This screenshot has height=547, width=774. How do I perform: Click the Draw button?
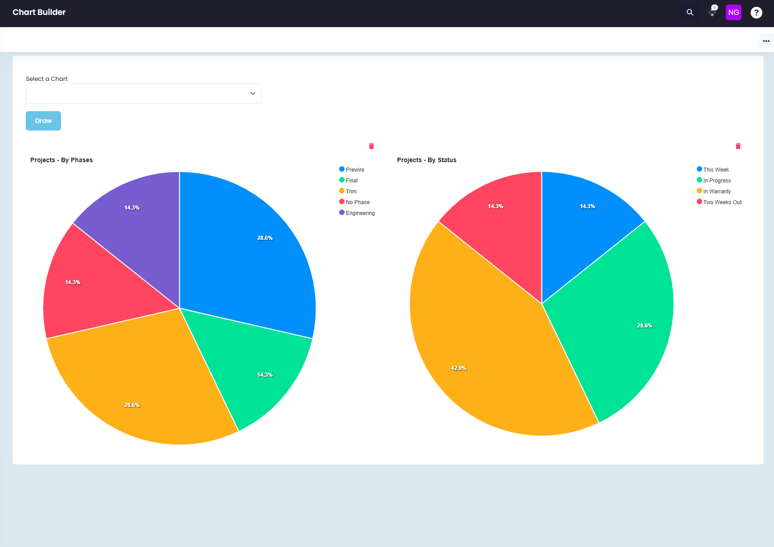click(x=43, y=121)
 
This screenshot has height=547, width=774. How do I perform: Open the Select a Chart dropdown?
click(x=144, y=94)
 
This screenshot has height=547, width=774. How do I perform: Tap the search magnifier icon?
click(x=690, y=13)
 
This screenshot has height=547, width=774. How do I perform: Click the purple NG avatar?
click(x=733, y=13)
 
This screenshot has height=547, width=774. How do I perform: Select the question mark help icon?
click(x=756, y=13)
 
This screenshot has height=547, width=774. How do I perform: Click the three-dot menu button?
click(x=766, y=41)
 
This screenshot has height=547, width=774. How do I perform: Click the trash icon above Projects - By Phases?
click(x=372, y=146)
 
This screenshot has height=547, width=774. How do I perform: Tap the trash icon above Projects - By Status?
click(x=738, y=146)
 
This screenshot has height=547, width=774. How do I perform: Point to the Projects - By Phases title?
click(x=61, y=160)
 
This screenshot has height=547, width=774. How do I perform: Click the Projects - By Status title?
click(x=426, y=160)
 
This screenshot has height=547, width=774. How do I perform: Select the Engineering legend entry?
click(x=357, y=213)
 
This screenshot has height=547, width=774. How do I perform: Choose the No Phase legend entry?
click(x=354, y=202)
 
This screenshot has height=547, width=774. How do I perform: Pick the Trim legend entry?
click(x=348, y=191)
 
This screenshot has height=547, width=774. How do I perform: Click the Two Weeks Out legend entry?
click(x=719, y=202)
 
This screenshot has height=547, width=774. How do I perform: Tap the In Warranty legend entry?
click(x=714, y=191)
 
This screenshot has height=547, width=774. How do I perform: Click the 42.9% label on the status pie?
click(x=458, y=368)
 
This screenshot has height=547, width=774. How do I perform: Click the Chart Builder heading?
click(x=39, y=12)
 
